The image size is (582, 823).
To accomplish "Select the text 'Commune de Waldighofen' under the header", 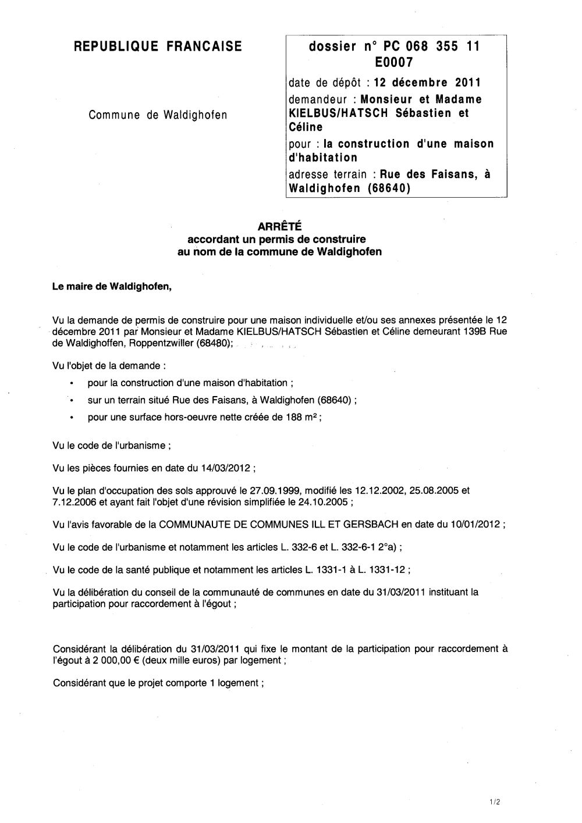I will (158, 115).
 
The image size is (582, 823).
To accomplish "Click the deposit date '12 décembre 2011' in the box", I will (427, 82).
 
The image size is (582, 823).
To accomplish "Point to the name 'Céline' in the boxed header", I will (306, 127).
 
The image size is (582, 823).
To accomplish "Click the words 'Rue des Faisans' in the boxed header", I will (430, 174).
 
